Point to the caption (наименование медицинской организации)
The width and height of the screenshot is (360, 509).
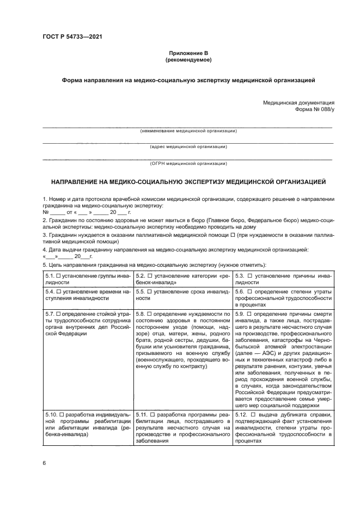[x=188, y=131]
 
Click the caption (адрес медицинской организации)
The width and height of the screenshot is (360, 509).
[x=188, y=147]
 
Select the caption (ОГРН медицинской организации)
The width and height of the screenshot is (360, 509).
[x=188, y=163]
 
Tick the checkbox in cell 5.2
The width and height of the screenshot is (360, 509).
[x=151, y=276]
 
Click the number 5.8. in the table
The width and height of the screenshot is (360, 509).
[x=142, y=314]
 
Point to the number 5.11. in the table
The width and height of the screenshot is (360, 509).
[x=143, y=415]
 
